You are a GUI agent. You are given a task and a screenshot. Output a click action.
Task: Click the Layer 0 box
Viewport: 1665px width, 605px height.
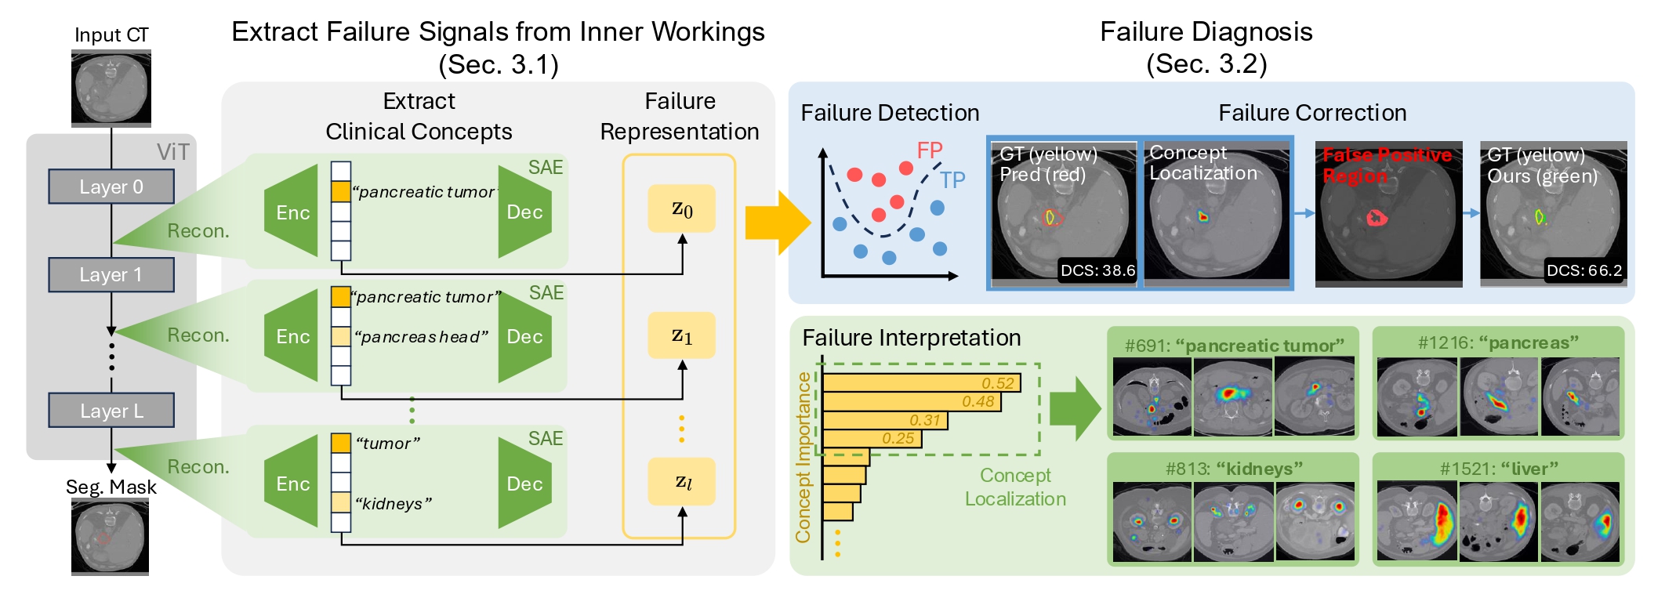111,187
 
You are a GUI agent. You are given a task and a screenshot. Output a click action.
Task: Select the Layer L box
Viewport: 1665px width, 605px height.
111,411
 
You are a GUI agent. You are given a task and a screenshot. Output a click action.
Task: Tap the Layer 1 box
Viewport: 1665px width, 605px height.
111,275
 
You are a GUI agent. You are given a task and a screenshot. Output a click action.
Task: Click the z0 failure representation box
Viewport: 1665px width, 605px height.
681,208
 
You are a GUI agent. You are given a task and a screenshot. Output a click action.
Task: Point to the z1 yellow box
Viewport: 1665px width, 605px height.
681,335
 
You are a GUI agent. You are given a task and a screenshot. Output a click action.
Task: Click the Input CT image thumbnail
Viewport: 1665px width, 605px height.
111,88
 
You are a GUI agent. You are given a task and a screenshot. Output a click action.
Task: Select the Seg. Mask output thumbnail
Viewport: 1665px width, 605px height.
110,537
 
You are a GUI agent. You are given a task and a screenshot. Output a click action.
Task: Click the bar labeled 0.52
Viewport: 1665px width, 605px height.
921,383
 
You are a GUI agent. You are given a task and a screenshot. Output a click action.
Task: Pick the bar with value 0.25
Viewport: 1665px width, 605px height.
872,438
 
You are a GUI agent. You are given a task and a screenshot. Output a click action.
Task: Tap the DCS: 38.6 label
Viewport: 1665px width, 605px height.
1097,270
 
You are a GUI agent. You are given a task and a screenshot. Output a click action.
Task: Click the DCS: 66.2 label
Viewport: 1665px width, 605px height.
1583,270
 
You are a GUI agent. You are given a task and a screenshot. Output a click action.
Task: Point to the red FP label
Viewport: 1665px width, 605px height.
930,150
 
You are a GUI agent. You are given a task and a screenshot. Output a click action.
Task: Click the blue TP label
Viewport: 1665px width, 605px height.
952,180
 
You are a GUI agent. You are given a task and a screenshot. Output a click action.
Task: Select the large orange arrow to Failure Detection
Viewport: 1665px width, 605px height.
777,223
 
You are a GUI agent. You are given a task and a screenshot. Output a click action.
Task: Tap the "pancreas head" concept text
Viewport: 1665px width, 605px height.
421,337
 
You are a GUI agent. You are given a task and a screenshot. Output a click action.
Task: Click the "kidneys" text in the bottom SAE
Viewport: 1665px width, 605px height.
394,503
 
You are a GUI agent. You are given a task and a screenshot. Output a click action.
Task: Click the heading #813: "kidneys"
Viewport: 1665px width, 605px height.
1233,469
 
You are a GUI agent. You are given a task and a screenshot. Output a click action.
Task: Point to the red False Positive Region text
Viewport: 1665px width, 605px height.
1386,165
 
